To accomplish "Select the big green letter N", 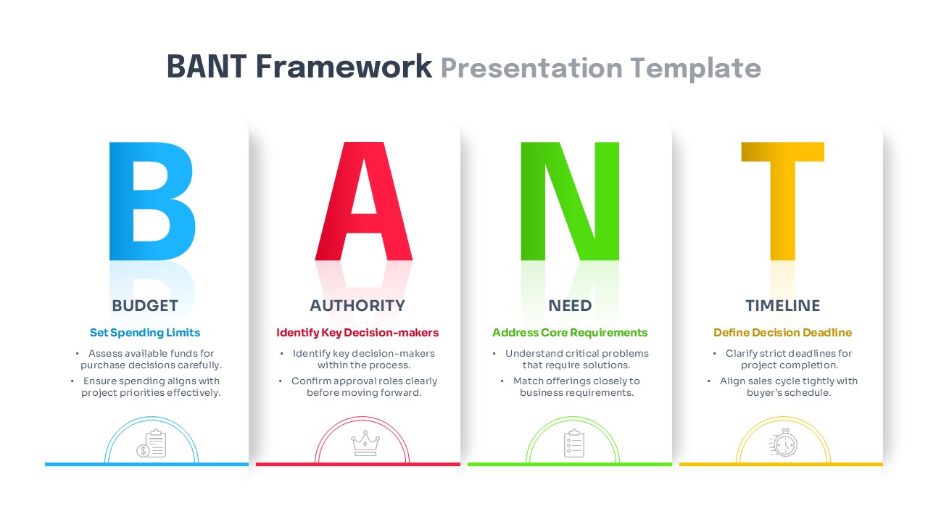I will (x=570, y=201).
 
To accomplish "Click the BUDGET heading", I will (x=145, y=306).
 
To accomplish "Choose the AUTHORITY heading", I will (x=357, y=306).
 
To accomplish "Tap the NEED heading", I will (x=570, y=306).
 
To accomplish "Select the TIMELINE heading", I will (x=782, y=306).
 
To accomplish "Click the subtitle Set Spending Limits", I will (x=145, y=333).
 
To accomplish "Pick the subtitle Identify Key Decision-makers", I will (x=357, y=333).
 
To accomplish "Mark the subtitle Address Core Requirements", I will (x=570, y=333).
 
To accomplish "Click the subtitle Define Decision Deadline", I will (x=782, y=333).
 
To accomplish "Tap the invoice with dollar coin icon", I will (x=152, y=444).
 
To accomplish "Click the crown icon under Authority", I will (x=364, y=443).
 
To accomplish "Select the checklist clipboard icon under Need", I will (x=573, y=443).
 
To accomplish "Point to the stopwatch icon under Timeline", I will (x=783, y=443).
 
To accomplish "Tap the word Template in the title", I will (x=695, y=68).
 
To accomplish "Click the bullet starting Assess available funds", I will (x=150, y=360).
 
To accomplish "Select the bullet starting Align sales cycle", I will (x=787, y=386).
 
